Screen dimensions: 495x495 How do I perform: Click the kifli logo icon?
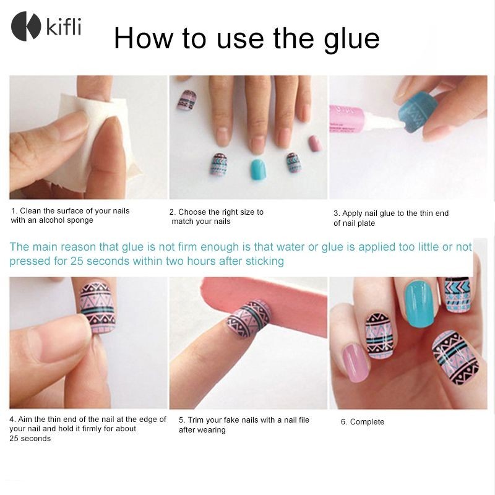pos(26,26)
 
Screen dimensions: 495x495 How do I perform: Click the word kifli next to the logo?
pos(64,27)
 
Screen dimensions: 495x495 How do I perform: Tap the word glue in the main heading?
pos(351,40)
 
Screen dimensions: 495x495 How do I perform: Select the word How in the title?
pos(144,38)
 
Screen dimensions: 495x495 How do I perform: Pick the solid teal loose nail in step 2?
pos(258,170)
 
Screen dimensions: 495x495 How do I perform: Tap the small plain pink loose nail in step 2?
pos(315,144)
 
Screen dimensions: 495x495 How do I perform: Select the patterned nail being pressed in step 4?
pos(98,307)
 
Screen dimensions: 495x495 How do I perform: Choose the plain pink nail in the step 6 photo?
pos(356,363)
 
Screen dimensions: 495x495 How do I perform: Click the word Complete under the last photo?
pos(367,422)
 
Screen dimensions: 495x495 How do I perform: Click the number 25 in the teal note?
pos(76,261)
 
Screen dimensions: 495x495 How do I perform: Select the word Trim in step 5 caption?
pos(196,420)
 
